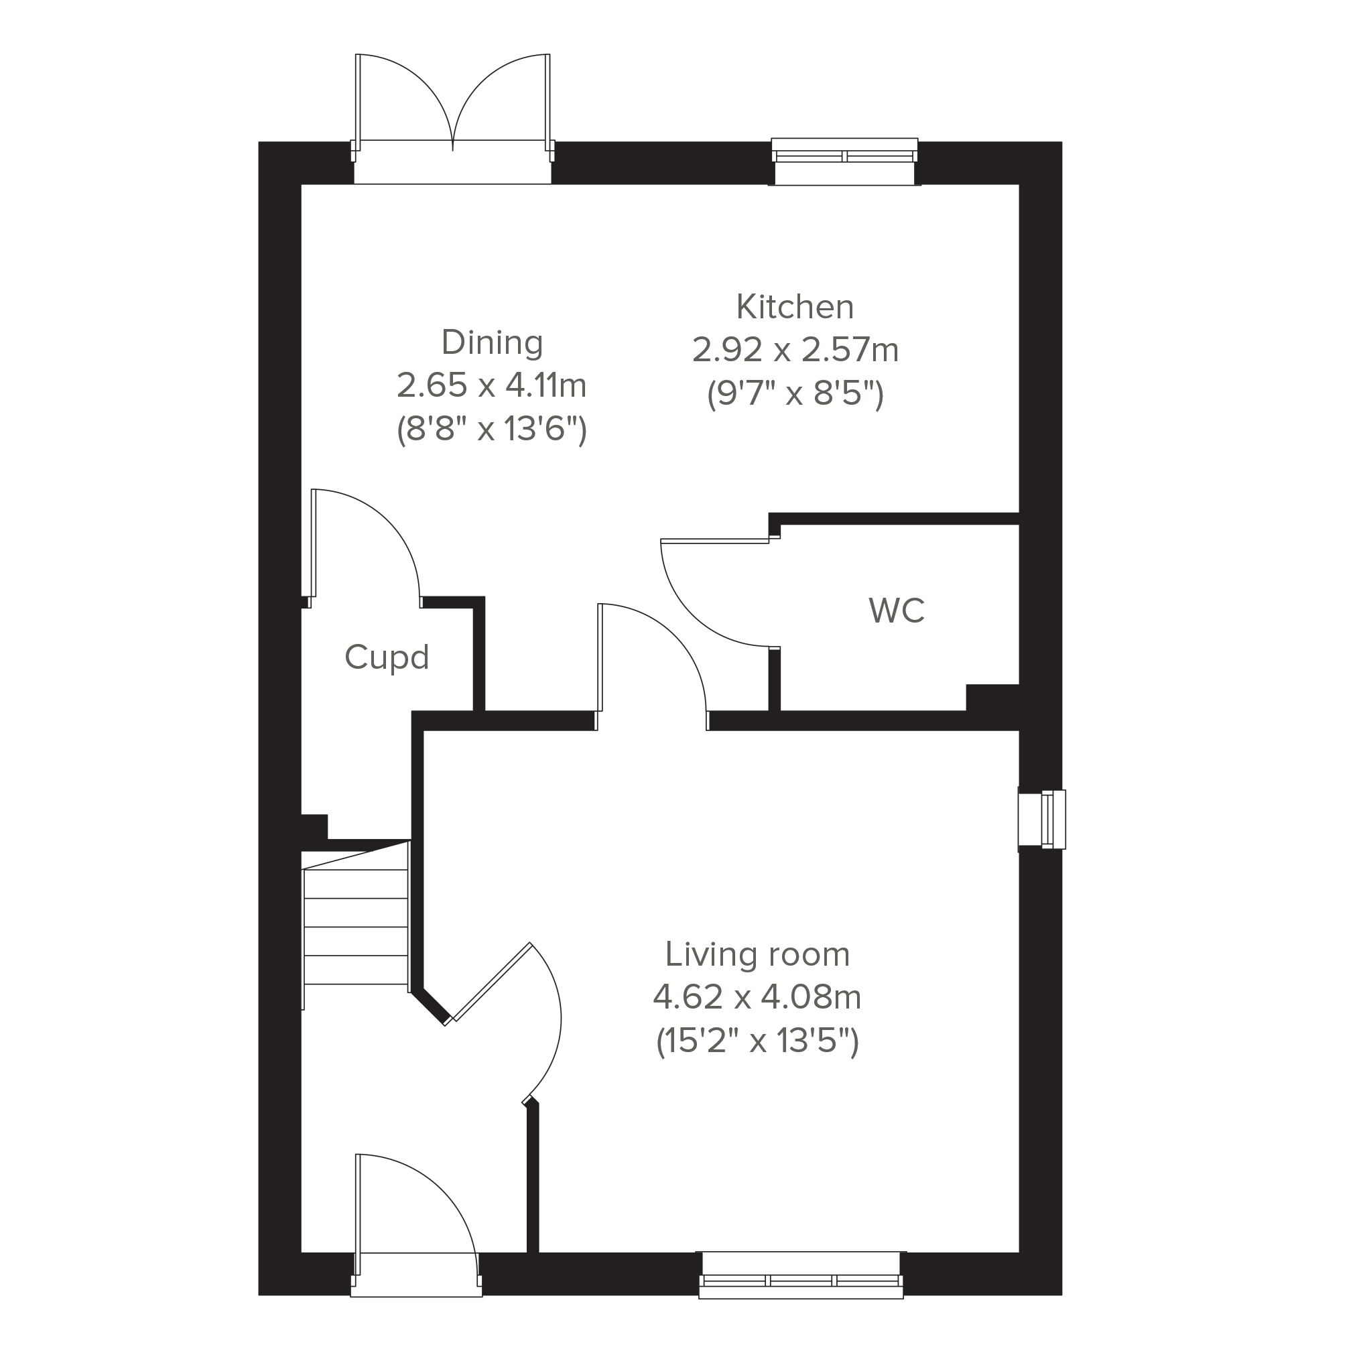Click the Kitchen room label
(795, 307)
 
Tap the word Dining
(492, 342)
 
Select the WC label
(896, 611)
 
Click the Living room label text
(757, 954)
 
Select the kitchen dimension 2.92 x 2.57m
(795, 350)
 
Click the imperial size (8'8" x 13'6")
(492, 429)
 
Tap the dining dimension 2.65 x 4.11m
(492, 385)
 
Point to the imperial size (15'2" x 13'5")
(757, 1041)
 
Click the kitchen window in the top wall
(844, 161)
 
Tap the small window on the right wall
(1042, 820)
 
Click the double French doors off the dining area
(452, 119)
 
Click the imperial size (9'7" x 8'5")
(795, 394)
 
